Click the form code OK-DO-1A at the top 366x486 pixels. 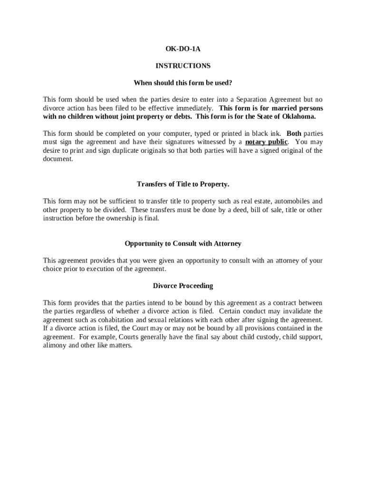coord(183,48)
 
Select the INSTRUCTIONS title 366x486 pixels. coord(183,65)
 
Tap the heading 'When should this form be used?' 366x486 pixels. coord(183,83)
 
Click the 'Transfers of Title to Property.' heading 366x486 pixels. coord(183,184)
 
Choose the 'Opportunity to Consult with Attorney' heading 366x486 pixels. coord(183,243)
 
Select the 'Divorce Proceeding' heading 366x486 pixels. coord(183,286)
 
